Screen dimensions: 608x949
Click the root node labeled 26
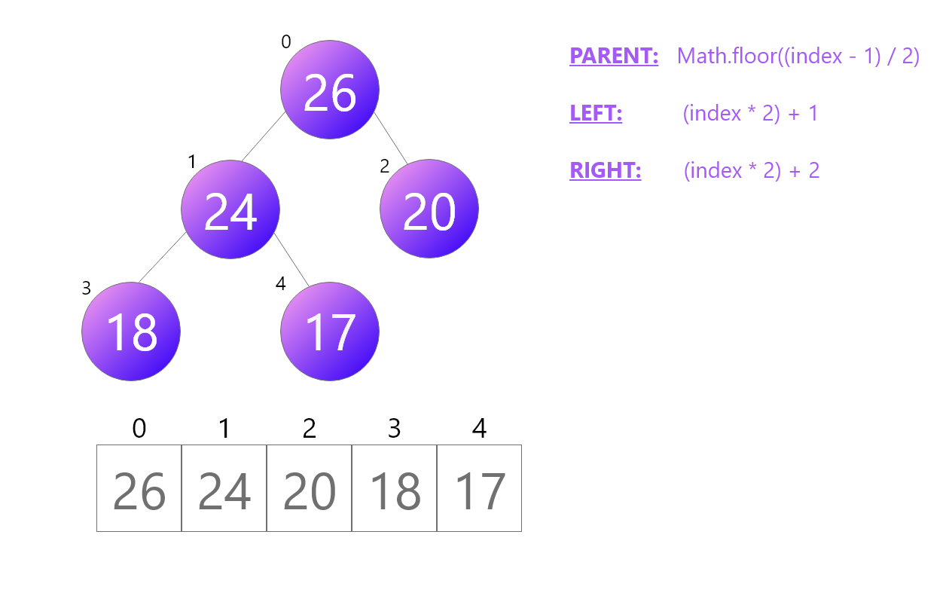click(x=330, y=90)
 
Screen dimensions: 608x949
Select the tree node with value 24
click(x=230, y=209)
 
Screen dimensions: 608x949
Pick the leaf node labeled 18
click(x=131, y=331)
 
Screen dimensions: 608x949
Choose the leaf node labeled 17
click(x=330, y=331)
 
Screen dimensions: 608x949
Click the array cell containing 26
click(x=139, y=488)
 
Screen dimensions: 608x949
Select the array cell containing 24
click(x=224, y=488)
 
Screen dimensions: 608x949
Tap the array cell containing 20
click(x=310, y=488)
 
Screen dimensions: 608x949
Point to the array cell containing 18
click(x=395, y=488)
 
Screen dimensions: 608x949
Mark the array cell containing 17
click(x=480, y=488)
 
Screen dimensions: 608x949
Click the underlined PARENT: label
click(x=614, y=56)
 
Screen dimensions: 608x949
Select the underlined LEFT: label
click(x=596, y=113)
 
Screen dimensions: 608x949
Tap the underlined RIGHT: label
click(x=606, y=170)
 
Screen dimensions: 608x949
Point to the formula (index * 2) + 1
click(x=751, y=113)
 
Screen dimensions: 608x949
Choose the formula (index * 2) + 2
click(x=752, y=170)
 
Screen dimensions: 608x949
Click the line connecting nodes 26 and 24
click(x=264, y=137)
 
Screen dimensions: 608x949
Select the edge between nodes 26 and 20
click(x=390, y=138)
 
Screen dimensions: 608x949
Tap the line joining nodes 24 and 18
click(x=162, y=258)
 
